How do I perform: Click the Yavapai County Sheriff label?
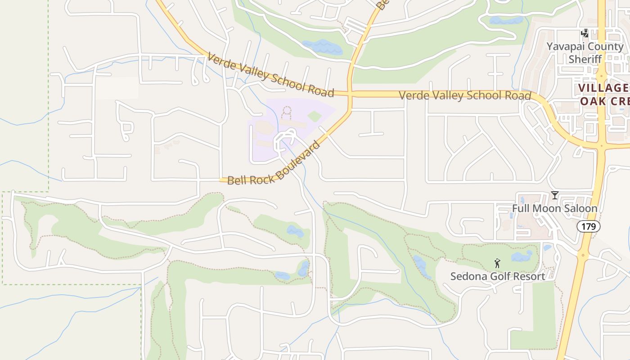coord(585,53)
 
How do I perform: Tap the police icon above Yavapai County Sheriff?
coord(585,33)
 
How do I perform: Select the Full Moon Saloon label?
coord(554,208)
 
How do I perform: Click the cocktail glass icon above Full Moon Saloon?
coord(555,195)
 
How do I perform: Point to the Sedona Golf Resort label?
coord(498,276)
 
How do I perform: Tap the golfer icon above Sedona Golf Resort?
coord(497,263)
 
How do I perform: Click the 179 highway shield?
coord(589,226)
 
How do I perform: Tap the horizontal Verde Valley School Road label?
coord(465,96)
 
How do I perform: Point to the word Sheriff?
coord(585,59)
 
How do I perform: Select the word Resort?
coord(528,276)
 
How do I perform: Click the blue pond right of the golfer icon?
coord(522,256)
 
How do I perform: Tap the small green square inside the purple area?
coord(315,117)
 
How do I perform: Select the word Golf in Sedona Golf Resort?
coord(498,276)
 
